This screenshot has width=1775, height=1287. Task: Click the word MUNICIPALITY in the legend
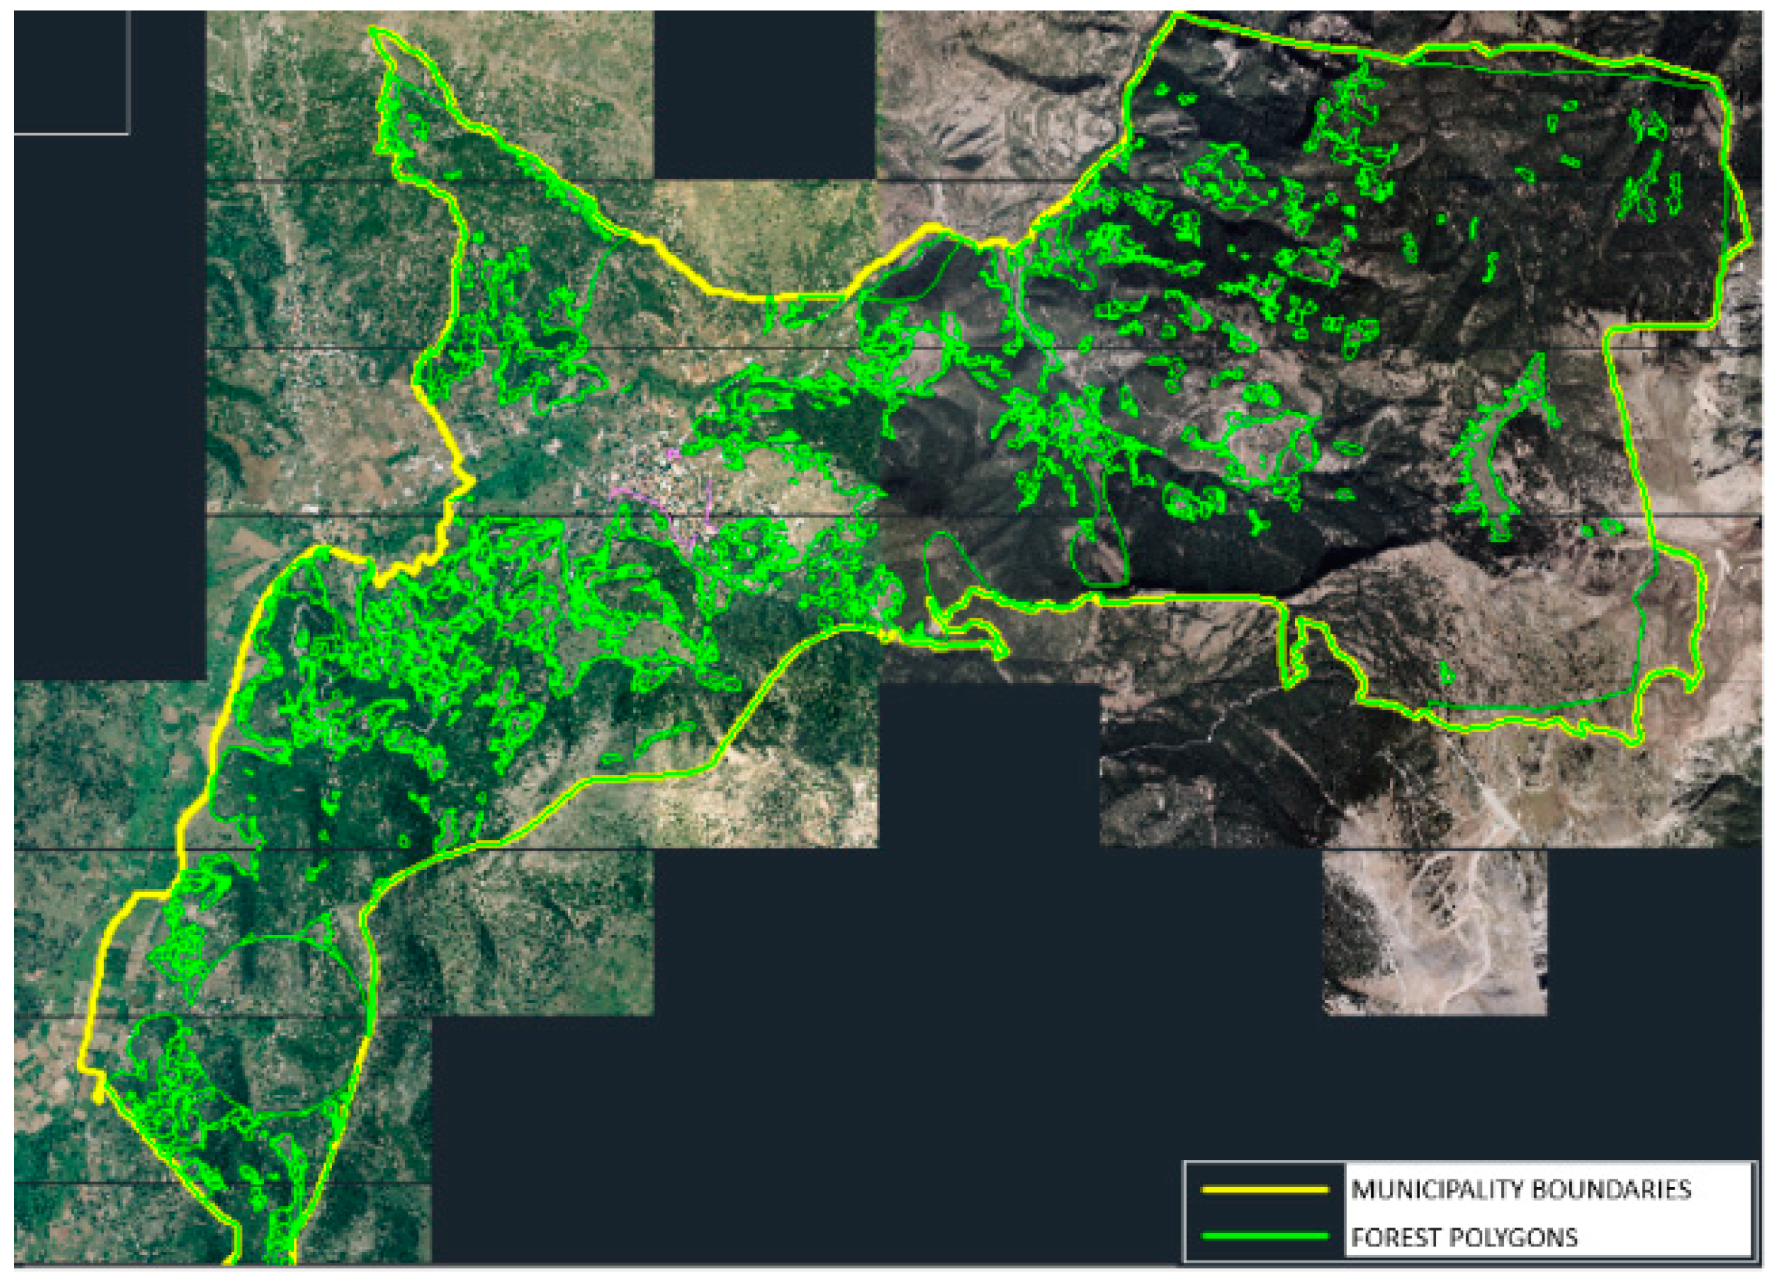[x=1434, y=1189]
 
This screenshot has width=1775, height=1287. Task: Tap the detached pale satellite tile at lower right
[x=1434, y=931]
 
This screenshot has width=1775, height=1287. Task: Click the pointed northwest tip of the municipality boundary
[x=374, y=31]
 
